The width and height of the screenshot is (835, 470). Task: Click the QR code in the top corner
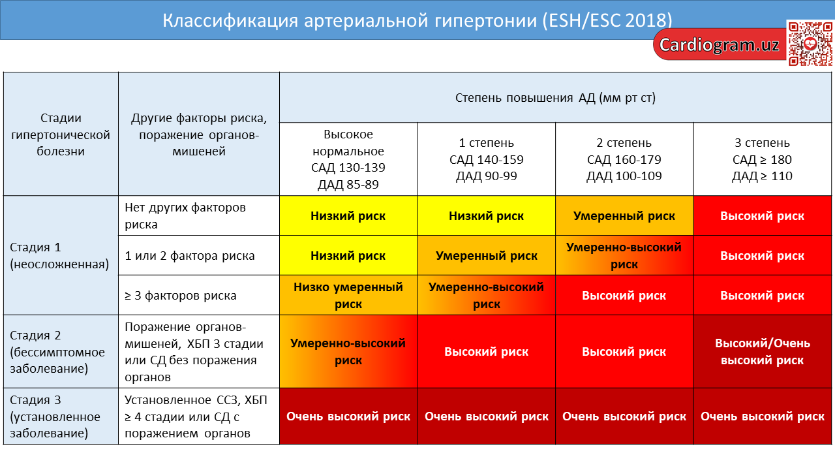810,44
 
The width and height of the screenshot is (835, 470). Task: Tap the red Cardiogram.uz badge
720,45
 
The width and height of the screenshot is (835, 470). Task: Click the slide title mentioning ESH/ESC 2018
417,20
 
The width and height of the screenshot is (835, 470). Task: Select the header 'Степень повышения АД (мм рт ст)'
555,98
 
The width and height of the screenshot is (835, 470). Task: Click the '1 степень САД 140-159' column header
487,159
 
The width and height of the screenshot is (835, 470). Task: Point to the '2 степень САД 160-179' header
624,159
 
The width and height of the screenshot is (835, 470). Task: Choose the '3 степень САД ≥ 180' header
763,159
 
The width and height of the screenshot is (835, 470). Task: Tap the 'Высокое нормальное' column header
348,159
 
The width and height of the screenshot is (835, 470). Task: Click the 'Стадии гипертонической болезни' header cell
61,134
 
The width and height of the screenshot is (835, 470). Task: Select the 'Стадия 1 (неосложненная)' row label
61,255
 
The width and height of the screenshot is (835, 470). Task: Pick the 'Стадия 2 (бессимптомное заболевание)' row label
61,352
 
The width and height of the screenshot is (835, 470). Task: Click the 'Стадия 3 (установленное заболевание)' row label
61,416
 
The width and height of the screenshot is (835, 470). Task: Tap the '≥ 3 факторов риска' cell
199,296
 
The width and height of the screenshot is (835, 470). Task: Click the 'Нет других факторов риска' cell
199,215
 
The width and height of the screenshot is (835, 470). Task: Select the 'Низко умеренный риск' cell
348,296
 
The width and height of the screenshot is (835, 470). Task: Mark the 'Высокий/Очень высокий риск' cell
763,352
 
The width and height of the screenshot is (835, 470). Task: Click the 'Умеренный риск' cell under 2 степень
624,215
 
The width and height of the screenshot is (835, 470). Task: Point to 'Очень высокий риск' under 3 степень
763,416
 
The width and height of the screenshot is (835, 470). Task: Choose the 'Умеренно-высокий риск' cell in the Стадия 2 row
348,352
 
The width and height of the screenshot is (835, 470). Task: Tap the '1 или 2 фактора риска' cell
199,255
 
